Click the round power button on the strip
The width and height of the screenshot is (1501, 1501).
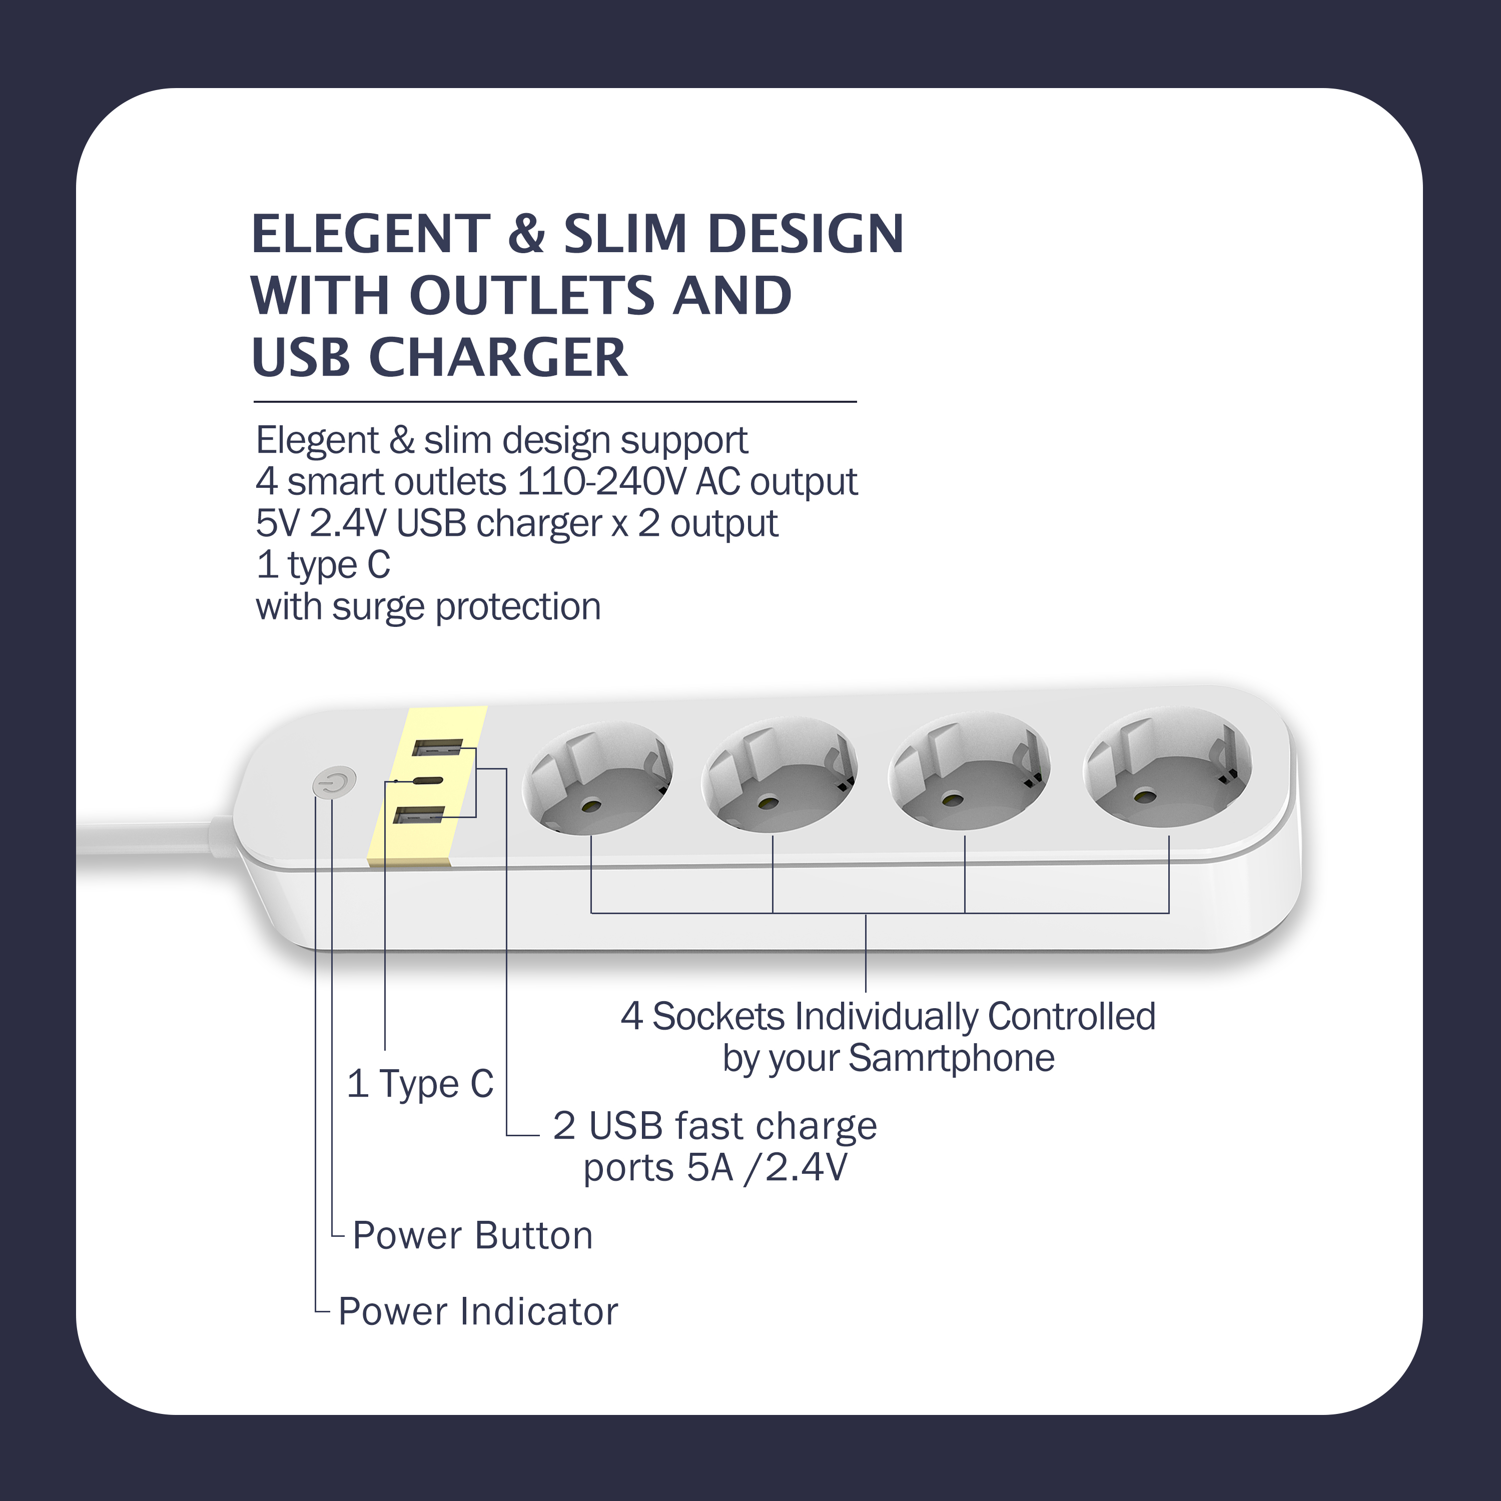[334, 783]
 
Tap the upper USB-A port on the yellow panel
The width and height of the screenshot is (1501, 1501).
[437, 748]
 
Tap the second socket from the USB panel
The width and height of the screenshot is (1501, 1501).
[779, 776]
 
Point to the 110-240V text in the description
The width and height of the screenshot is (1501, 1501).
[601, 482]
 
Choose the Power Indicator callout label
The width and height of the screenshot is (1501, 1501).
[478, 1311]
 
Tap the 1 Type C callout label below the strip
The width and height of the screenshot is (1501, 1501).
[420, 1084]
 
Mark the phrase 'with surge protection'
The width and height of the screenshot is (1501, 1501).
[428, 607]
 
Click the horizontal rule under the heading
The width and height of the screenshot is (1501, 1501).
[555, 402]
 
